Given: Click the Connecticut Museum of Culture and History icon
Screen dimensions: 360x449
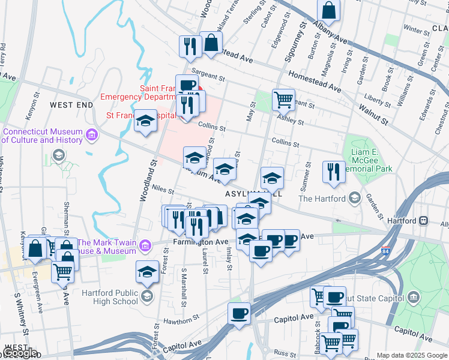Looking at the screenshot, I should pyautogui.click(x=91, y=136).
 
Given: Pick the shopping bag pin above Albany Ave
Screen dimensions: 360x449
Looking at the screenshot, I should pyautogui.click(x=329, y=10).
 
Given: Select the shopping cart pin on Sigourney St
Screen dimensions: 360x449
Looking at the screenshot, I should pyautogui.click(x=283, y=98).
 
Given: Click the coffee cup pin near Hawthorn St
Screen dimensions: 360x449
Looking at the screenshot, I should pyautogui.click(x=239, y=313).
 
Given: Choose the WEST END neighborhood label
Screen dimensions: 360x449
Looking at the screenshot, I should pyautogui.click(x=71, y=105).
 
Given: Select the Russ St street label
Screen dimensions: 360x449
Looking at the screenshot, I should pyautogui.click(x=282, y=352).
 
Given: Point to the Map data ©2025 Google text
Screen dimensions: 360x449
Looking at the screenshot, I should pyautogui.click(x=411, y=355).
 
